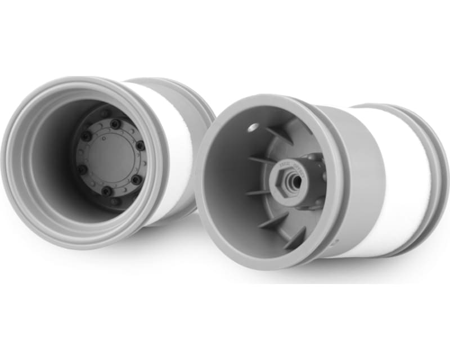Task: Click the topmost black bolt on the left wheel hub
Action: [x=115, y=123]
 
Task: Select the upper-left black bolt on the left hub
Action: [x=85, y=137]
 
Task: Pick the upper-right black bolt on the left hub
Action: [x=140, y=145]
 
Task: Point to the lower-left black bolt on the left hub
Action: [x=83, y=169]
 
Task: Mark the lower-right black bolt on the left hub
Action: [x=136, y=180]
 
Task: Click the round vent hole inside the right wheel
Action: [x=253, y=128]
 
